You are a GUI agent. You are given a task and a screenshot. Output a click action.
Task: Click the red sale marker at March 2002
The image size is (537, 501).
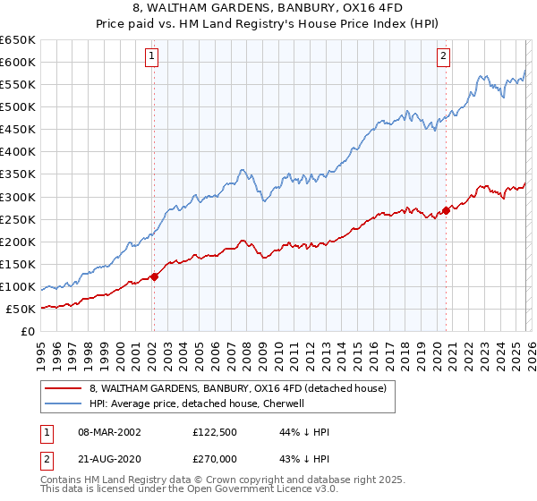(x=154, y=276)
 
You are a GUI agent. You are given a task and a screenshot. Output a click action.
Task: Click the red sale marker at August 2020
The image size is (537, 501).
(x=446, y=211)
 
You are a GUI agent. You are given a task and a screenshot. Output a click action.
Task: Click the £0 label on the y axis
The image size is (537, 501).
(x=27, y=332)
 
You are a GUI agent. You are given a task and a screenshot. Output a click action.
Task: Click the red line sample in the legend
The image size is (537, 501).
(x=64, y=389)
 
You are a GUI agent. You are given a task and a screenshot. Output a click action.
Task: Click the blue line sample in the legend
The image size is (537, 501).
(x=64, y=403)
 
